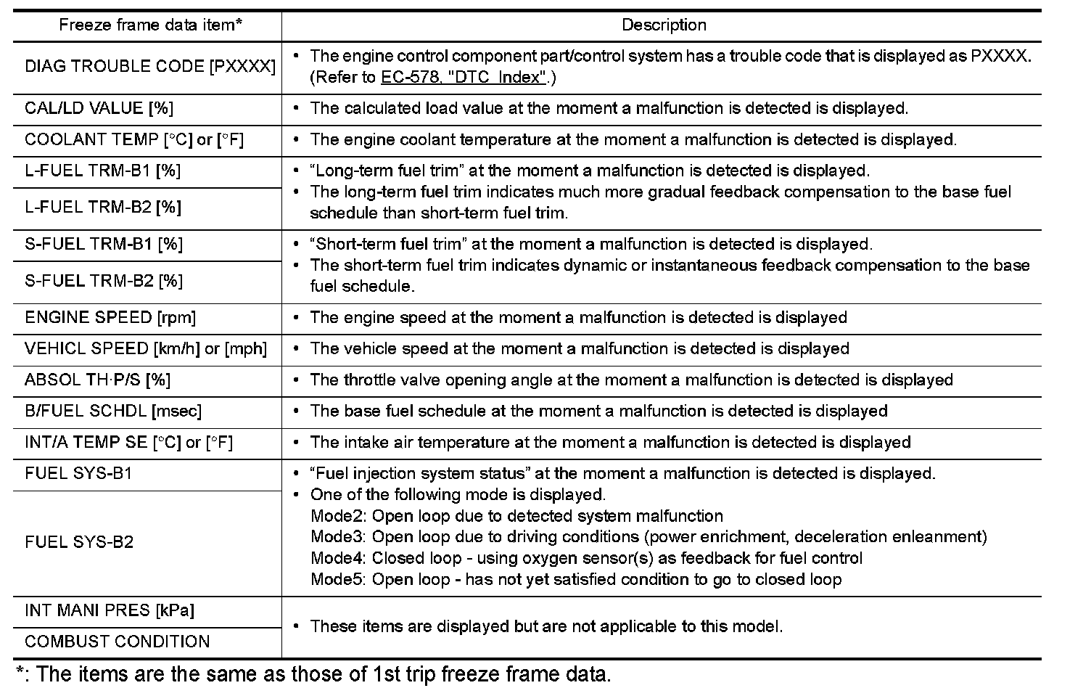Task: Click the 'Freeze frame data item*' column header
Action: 150,25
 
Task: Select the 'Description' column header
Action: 663,25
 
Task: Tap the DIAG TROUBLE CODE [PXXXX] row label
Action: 150,67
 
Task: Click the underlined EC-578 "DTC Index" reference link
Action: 463,78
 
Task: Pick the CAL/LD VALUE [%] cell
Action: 99,109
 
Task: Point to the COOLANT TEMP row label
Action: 134,140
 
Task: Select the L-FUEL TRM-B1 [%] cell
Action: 103,171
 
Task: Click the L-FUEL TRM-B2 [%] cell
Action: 103,208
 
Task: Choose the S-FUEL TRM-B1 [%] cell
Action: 104,245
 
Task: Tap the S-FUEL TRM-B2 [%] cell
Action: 104,281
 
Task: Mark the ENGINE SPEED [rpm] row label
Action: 110,318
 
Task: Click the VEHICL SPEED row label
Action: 146,349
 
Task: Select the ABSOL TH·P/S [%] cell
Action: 98,380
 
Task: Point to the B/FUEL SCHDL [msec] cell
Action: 113,411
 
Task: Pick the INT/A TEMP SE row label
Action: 129,443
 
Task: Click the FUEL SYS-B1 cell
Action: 78,474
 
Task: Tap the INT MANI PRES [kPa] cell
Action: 110,611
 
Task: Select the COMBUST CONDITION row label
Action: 118,642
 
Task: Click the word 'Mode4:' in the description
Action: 339,559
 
